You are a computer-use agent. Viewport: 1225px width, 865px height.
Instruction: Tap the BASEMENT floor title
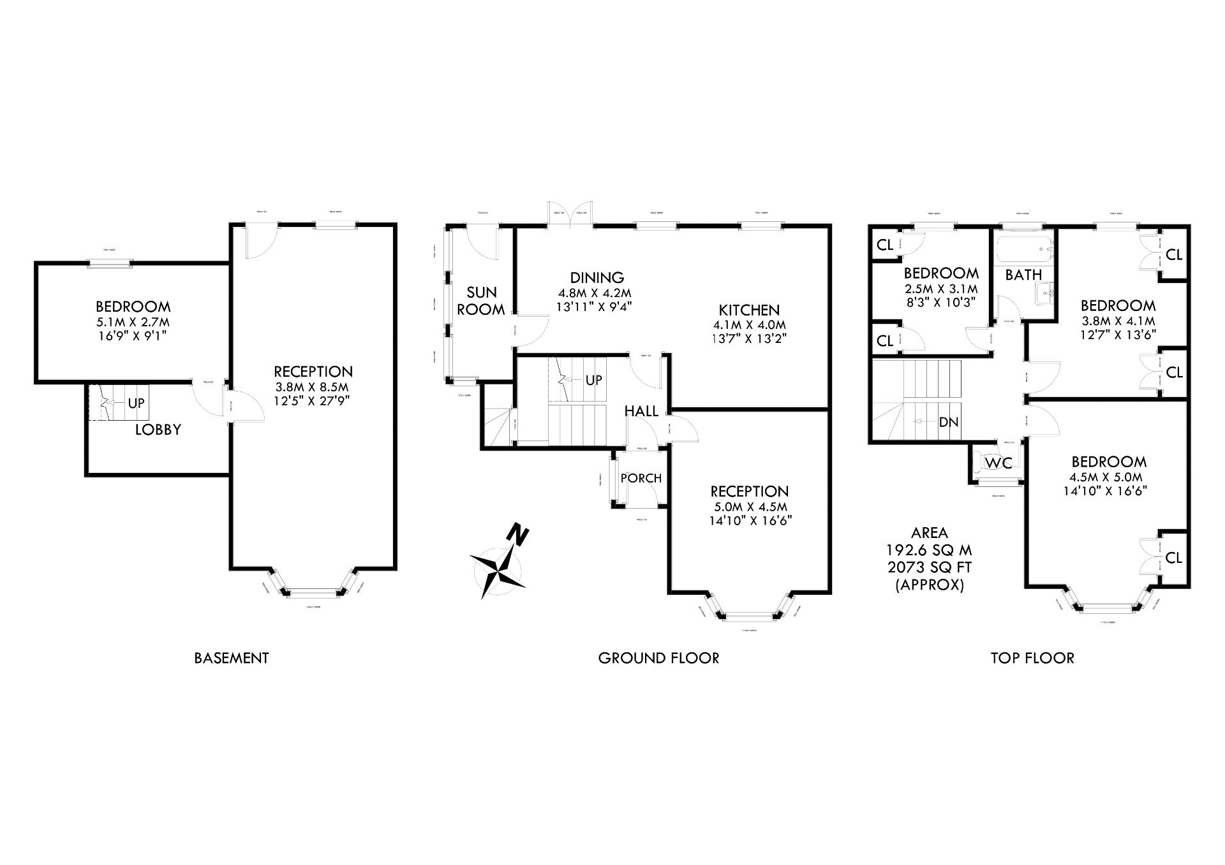pos(232,658)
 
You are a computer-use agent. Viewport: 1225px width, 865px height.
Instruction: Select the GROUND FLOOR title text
pos(658,658)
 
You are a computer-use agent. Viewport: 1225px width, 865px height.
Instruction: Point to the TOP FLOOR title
pos(1032,658)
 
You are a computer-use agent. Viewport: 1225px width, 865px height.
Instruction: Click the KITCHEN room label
pos(749,310)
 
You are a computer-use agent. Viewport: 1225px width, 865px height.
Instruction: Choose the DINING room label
pos(597,278)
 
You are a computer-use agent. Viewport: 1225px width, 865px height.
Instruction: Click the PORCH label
pos(641,478)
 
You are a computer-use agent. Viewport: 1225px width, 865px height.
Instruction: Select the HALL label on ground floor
pos(641,412)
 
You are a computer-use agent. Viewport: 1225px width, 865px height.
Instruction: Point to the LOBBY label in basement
pos(158,430)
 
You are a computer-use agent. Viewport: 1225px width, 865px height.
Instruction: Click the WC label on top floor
pos(999,463)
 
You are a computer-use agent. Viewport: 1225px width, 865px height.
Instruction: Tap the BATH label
pos(1023,275)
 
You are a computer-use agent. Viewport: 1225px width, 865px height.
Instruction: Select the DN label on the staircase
pos(949,422)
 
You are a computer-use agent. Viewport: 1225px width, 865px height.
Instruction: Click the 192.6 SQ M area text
pos(929,550)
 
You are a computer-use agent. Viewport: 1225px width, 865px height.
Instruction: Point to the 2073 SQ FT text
pos(929,567)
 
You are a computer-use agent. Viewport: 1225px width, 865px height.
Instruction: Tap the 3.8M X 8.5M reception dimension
pos(313,386)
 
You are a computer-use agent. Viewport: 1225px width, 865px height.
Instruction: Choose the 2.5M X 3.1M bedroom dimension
pos(941,288)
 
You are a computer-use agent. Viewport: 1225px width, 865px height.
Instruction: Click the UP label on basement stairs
pos(137,403)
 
